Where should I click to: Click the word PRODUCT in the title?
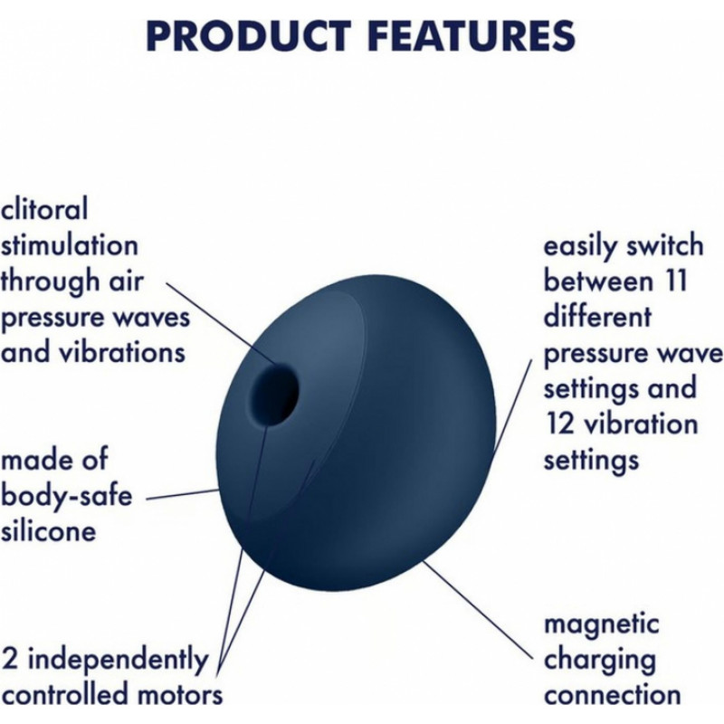click(248, 36)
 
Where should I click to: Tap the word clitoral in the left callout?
click(43, 209)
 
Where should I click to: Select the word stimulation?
click(69, 244)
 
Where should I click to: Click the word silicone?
click(48, 531)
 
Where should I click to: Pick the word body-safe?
click(66, 496)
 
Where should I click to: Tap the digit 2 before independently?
click(10, 660)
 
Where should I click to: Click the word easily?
click(581, 246)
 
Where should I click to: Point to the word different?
click(597, 316)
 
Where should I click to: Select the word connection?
click(613, 695)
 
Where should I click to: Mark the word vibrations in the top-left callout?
click(122, 352)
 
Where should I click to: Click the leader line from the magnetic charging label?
click(478, 608)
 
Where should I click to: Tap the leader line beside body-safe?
click(183, 494)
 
